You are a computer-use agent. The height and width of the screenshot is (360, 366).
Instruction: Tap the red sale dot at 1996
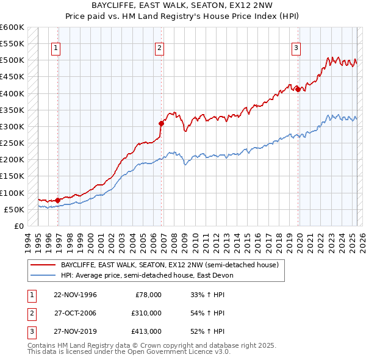pyautogui.click(x=58, y=200)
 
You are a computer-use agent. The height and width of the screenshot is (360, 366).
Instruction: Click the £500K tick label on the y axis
pyautogui.click(x=12, y=60)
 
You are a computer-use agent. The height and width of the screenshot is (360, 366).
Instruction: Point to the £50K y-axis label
pyautogui.click(x=15, y=209)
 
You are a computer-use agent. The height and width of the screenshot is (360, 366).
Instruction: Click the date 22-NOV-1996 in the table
pyautogui.click(x=75, y=295)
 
